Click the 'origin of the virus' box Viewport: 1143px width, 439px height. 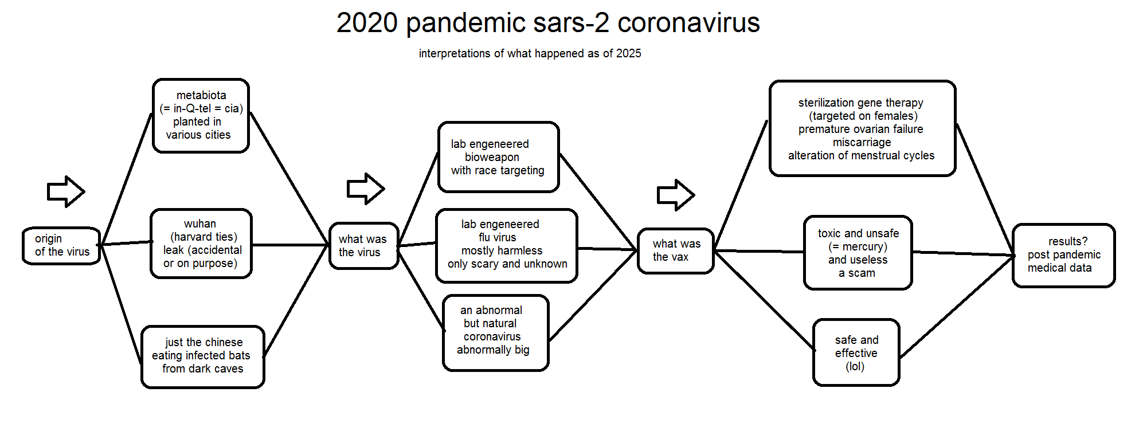(x=61, y=246)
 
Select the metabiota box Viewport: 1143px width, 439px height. (x=201, y=116)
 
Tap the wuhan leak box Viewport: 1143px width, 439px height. (x=201, y=244)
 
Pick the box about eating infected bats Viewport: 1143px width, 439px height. (x=203, y=357)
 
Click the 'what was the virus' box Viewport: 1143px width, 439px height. (x=364, y=246)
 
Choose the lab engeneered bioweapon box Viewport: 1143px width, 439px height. (x=499, y=157)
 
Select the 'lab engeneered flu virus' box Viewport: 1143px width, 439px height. (x=507, y=246)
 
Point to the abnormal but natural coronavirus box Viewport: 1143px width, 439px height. (x=496, y=333)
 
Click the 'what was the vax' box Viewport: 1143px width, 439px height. (x=676, y=251)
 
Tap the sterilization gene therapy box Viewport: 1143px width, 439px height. (x=863, y=128)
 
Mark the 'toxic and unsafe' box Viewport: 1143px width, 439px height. (x=858, y=253)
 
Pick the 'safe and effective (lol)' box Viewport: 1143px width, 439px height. (x=856, y=352)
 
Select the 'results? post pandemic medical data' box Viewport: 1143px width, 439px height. (x=1064, y=256)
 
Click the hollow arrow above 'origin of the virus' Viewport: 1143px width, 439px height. (x=66, y=191)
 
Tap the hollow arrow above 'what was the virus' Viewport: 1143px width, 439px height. (x=366, y=189)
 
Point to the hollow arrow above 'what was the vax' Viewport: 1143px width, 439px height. (x=676, y=195)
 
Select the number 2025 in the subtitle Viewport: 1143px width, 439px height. (x=629, y=53)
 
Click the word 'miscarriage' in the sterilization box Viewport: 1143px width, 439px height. (x=862, y=142)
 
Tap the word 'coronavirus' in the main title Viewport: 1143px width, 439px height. (x=688, y=23)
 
